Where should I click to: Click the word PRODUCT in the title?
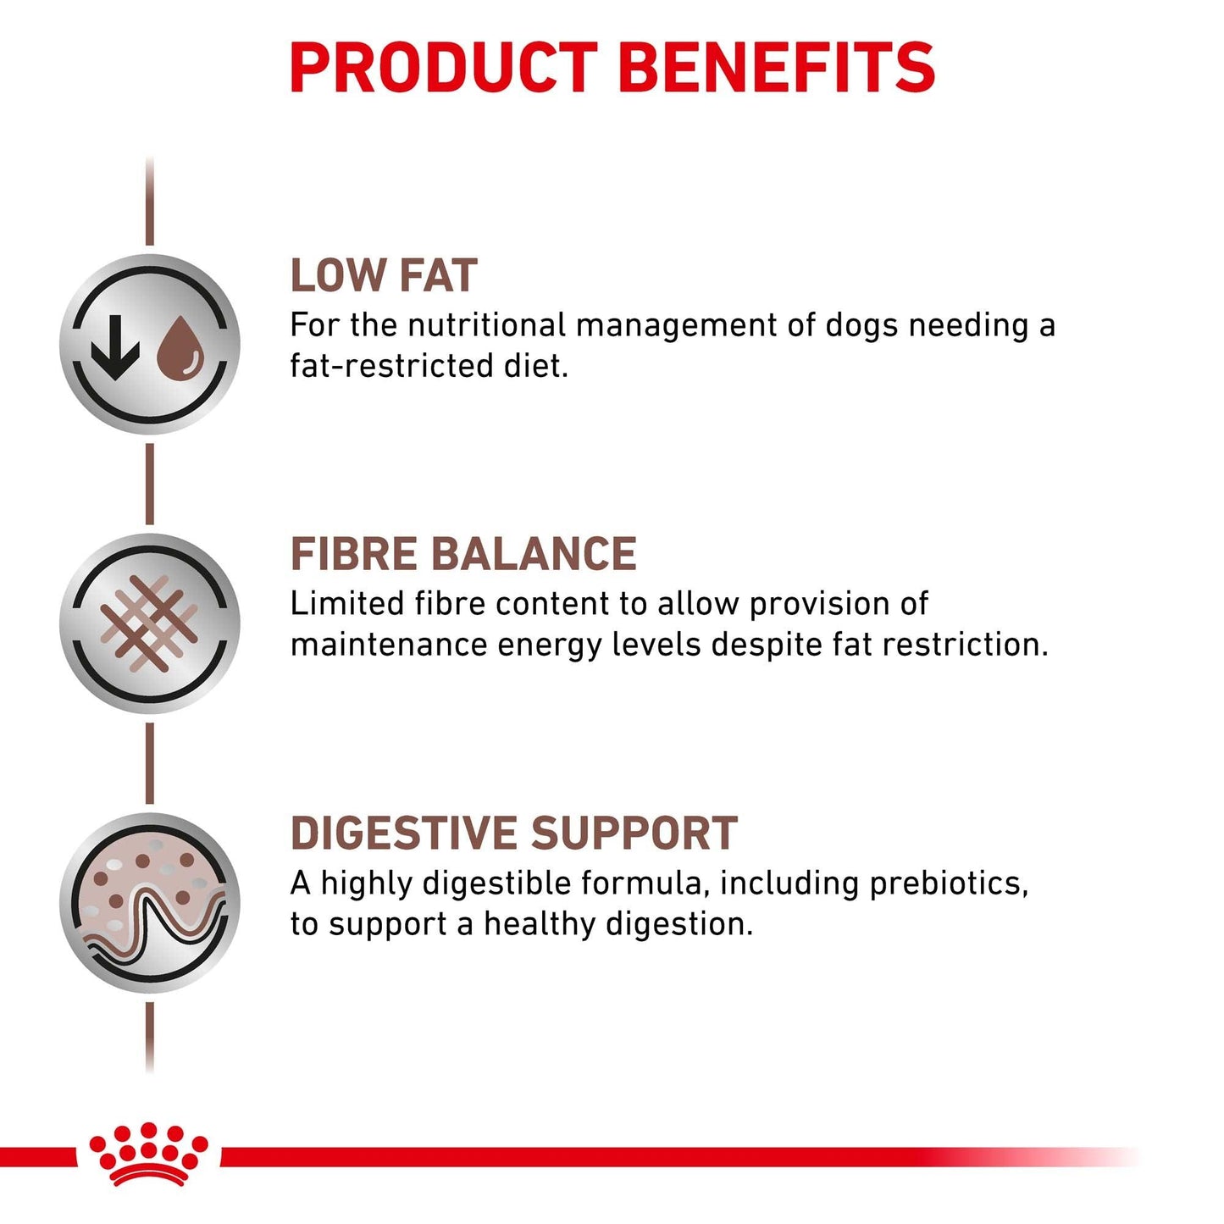(x=443, y=67)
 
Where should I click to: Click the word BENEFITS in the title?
(x=777, y=67)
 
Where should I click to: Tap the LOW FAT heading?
(x=384, y=275)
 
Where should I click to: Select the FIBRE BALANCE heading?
(x=463, y=554)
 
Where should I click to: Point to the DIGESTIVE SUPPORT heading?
(x=513, y=834)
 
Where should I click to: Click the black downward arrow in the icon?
(x=115, y=346)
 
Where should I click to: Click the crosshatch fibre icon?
(x=149, y=623)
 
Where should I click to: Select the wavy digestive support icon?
(x=150, y=903)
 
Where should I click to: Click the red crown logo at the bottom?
(x=149, y=1154)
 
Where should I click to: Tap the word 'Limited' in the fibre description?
(x=346, y=604)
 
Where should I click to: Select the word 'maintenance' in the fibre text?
(x=388, y=645)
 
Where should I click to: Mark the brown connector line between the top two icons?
(x=150, y=484)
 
